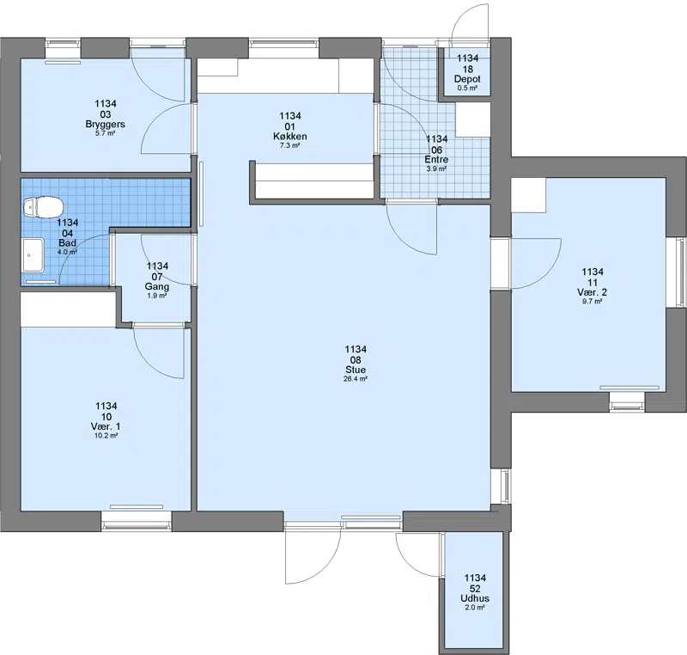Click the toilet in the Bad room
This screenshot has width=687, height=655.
coord(44,207)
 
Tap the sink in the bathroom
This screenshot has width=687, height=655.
coord(33,255)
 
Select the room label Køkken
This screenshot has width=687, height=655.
coord(290,137)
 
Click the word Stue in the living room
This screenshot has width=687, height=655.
coord(356,370)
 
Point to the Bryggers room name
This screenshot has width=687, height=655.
coord(105,124)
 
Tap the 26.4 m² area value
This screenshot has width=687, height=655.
coord(356,379)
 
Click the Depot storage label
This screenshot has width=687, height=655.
coord(467,79)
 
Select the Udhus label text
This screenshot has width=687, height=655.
coord(475,598)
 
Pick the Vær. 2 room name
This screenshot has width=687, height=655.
coord(592,292)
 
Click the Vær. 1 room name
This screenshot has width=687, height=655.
coord(106,426)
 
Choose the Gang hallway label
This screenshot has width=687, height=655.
coord(157,287)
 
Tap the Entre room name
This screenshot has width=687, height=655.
coord(436,160)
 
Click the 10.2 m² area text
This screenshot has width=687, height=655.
coord(106,436)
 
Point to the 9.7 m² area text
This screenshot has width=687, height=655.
coord(592,302)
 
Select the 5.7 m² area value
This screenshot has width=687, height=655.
coord(105,133)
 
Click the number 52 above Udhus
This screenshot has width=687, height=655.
coord(475,588)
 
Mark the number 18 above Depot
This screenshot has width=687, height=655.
coord(467,69)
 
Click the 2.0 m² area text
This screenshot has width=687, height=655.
coord(475,608)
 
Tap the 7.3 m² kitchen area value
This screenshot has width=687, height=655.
coord(290,145)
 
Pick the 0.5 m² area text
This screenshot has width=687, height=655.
coord(467,88)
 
